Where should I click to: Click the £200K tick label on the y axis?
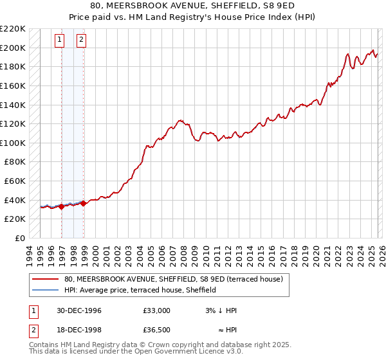click(x=13, y=48)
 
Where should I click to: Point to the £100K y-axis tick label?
click(x=13, y=143)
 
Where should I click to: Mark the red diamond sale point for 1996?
click(x=61, y=207)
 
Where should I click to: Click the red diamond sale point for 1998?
click(x=83, y=203)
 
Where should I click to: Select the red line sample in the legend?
click(x=45, y=280)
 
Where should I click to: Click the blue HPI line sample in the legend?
click(x=45, y=290)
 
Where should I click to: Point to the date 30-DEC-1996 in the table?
click(x=78, y=310)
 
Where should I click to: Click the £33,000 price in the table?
click(x=157, y=310)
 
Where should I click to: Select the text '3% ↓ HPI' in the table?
click(x=219, y=310)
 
